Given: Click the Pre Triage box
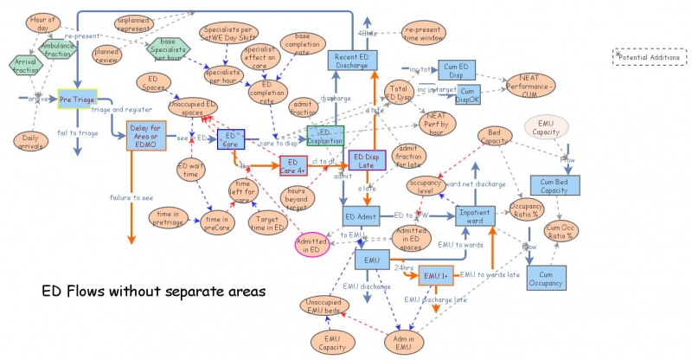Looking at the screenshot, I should tap(77, 100).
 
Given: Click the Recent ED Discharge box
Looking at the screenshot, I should tap(352, 61).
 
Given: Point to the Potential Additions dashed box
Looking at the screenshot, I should tap(649, 57).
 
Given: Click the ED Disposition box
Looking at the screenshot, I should tap(326, 136).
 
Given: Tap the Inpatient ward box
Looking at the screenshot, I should tap(475, 216).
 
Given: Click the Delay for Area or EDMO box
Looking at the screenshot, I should tap(136, 137).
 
